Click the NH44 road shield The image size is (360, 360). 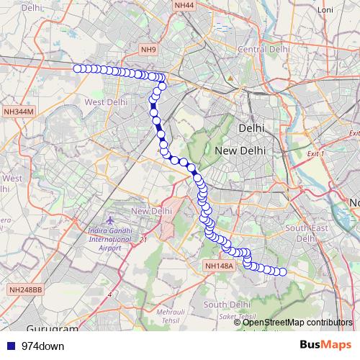184,5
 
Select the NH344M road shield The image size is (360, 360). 19,112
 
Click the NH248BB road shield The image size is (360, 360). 26,289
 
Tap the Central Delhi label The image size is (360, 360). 263,49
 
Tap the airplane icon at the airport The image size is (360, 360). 109,218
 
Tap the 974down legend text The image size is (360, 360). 42,346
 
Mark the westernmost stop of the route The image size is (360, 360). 76,68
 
